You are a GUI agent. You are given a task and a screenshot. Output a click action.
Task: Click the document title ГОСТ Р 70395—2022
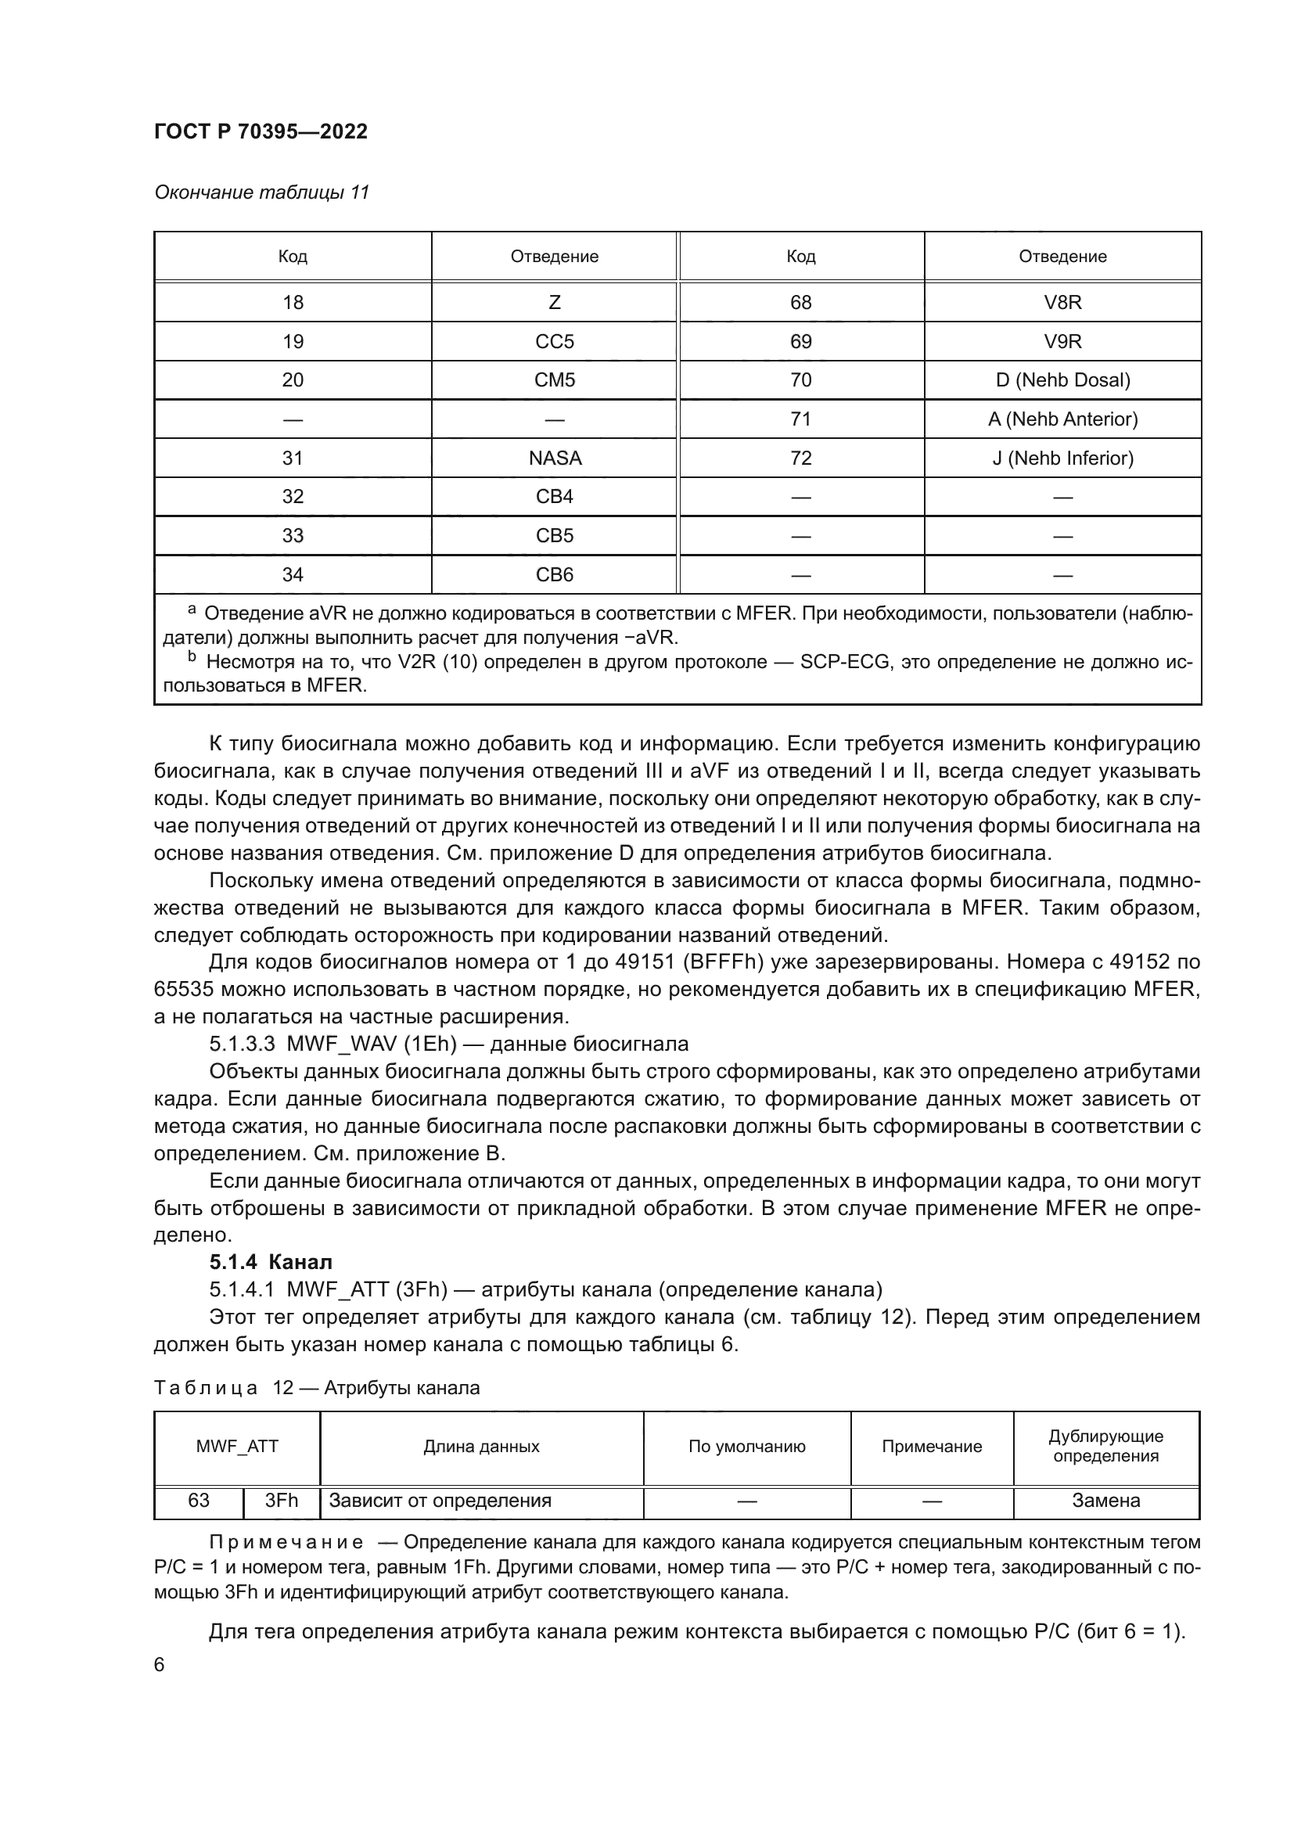(x=261, y=131)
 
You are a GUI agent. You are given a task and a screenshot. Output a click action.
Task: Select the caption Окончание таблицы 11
(x=261, y=192)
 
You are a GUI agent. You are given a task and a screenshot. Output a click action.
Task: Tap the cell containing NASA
(x=554, y=458)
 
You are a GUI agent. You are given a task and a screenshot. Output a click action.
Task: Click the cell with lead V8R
(x=1062, y=302)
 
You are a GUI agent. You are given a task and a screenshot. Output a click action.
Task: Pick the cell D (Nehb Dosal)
(x=1062, y=379)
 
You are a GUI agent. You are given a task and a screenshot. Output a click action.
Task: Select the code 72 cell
(x=800, y=458)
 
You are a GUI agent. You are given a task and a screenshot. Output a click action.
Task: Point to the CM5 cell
(x=554, y=379)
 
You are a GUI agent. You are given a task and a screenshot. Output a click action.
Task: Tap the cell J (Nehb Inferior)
(x=1062, y=458)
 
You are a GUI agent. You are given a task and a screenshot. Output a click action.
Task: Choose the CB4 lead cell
(x=554, y=497)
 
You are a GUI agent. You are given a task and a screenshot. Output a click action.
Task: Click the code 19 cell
(x=293, y=341)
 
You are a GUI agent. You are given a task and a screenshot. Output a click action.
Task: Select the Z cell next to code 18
(x=554, y=302)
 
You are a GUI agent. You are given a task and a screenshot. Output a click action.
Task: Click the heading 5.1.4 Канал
(x=271, y=1262)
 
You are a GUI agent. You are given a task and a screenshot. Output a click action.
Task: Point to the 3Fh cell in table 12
(x=282, y=1501)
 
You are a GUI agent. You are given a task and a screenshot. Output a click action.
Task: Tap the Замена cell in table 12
(x=1105, y=1501)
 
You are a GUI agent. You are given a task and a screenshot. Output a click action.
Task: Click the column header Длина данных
(x=481, y=1447)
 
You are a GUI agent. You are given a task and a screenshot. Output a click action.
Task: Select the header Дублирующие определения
(x=1105, y=1446)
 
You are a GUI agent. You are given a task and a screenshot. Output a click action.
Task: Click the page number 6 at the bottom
(x=160, y=1665)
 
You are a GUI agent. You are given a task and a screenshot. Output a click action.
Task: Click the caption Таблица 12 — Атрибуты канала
(x=316, y=1388)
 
